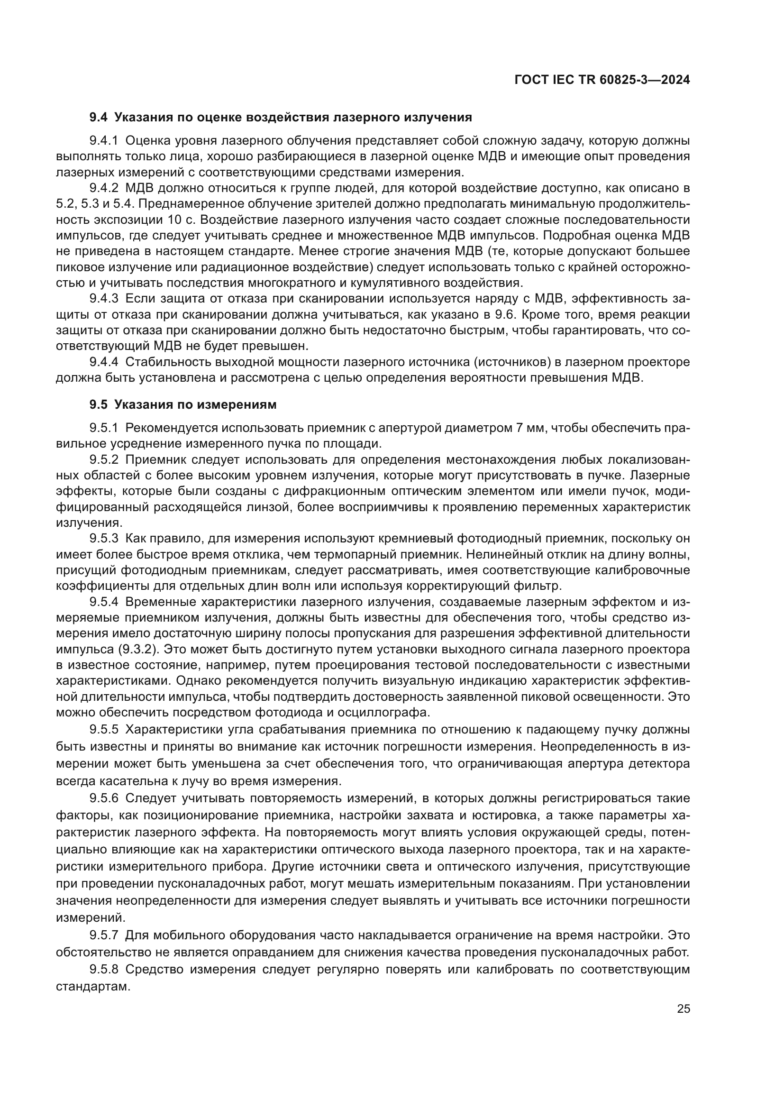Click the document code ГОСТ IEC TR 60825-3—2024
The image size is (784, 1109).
[602, 80]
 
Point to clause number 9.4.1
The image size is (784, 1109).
[104, 141]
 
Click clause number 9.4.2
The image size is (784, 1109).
[104, 188]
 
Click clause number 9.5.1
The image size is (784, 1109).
[104, 428]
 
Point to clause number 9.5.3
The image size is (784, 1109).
[104, 539]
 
